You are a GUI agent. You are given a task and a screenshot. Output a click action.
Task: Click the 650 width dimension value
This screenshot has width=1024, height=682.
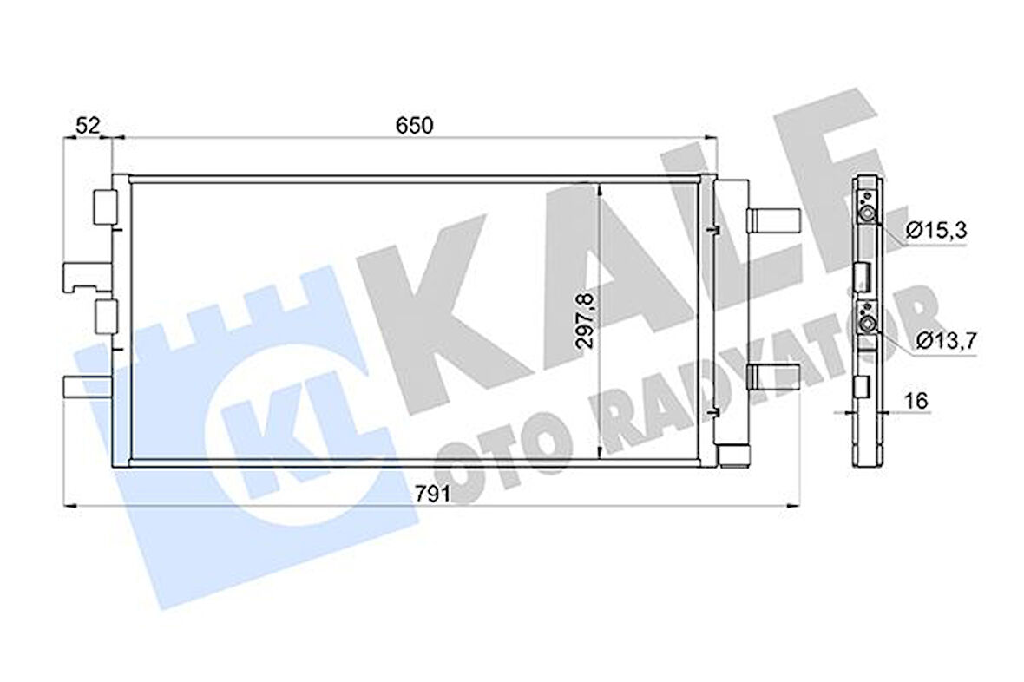(414, 125)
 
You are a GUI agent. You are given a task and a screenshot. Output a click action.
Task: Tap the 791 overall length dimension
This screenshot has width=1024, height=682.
(431, 494)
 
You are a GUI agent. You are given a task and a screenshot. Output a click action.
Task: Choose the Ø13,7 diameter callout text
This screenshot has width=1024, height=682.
(945, 340)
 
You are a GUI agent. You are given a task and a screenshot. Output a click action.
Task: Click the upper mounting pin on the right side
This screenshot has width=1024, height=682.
(772, 220)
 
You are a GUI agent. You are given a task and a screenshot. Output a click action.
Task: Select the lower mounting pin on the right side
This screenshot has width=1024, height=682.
(772, 376)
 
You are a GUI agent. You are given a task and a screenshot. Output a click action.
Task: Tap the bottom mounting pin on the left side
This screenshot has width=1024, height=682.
(86, 387)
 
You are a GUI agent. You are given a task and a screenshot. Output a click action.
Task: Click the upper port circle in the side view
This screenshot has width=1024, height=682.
(866, 215)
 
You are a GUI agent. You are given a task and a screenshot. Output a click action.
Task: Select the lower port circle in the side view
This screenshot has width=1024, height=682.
(866, 324)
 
